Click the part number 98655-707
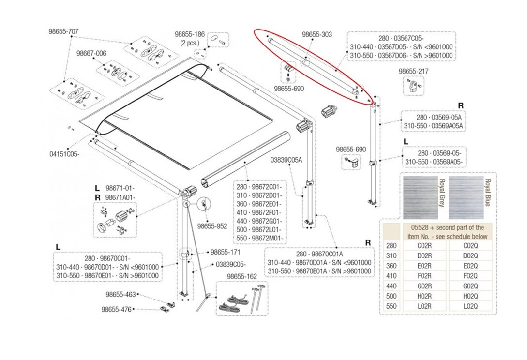tap(63, 31)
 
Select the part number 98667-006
tap(91, 53)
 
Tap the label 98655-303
tap(317, 35)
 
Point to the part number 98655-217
tap(413, 71)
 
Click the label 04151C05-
tap(64, 154)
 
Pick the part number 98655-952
tap(212, 225)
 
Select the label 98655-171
tap(225, 252)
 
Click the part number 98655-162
tap(242, 276)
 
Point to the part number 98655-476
tap(116, 309)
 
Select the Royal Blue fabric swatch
tap(466, 197)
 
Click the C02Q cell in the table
tap(470, 245)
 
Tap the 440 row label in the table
tap(391, 285)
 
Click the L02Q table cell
tap(470, 306)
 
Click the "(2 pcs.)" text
tap(190, 43)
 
